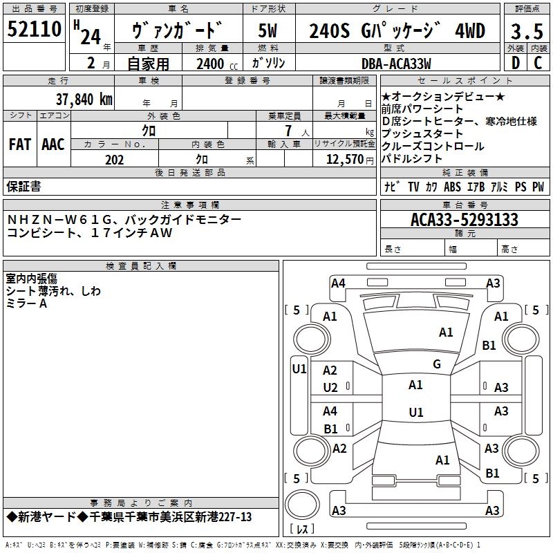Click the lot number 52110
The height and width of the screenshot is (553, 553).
(35, 30)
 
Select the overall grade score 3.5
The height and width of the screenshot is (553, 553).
(527, 31)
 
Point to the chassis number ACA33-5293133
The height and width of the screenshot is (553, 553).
(464, 220)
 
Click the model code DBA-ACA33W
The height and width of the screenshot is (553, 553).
(396, 64)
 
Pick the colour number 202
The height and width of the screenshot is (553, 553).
(114, 160)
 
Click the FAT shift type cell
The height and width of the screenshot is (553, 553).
(19, 144)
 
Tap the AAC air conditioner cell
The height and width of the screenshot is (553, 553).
(53, 144)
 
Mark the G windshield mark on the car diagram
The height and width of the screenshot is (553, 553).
(437, 364)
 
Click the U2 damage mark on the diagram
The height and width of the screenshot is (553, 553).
(330, 388)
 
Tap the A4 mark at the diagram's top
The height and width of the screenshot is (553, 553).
(338, 283)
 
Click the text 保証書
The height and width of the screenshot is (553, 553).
(24, 186)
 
